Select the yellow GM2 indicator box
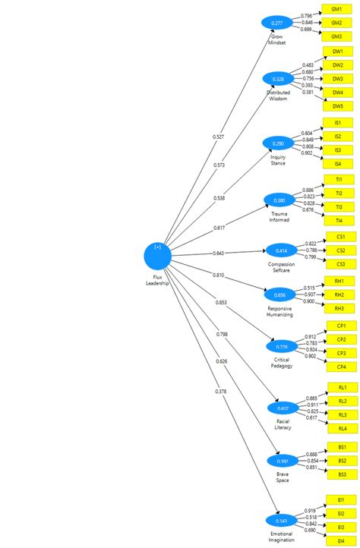(x=336, y=22)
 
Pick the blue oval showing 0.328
(x=278, y=79)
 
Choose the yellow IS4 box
(x=338, y=164)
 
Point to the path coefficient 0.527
(x=219, y=137)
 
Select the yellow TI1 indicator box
(x=338, y=179)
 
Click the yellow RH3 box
(x=340, y=308)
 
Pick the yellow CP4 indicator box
(x=341, y=367)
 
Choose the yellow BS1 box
(x=342, y=447)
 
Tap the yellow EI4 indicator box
(x=340, y=540)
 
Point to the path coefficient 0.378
(x=221, y=391)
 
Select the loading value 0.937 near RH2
(x=308, y=294)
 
